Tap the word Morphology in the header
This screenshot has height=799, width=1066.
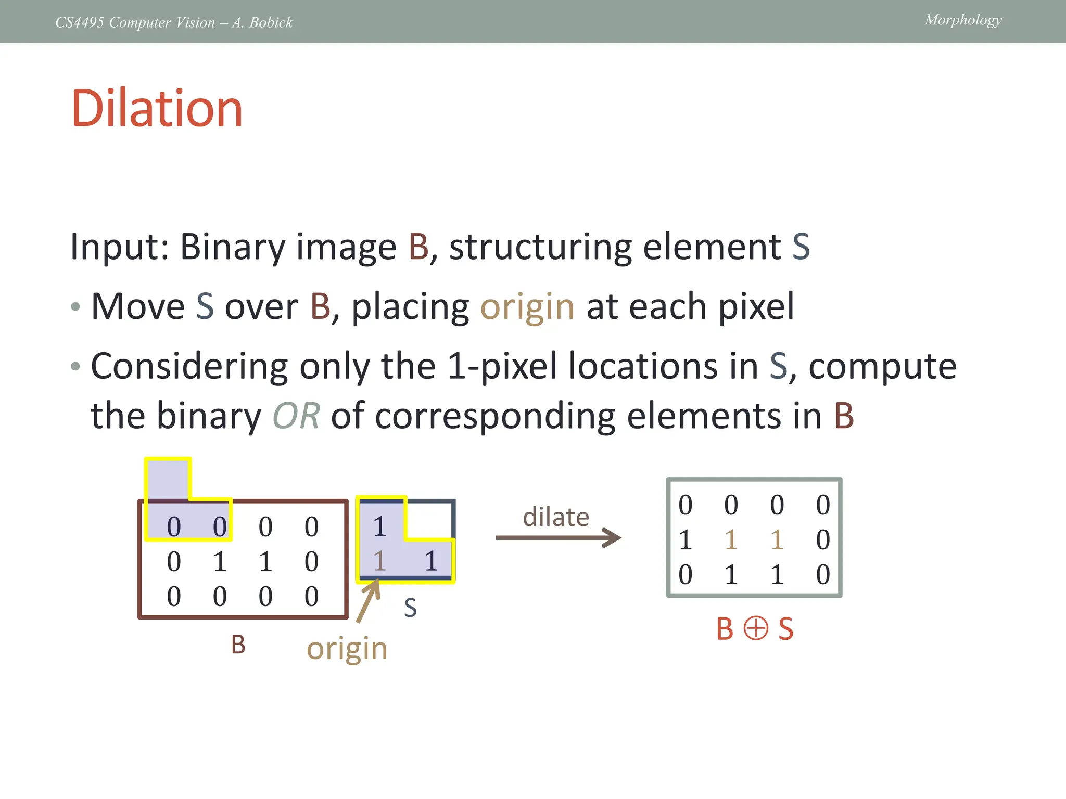point(963,20)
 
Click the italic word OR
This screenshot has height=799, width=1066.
point(296,416)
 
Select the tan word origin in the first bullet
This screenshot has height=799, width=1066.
point(527,306)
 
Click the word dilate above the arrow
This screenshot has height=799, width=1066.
point(556,517)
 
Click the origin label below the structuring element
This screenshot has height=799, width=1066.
point(347,649)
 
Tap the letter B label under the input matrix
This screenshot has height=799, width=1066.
point(238,645)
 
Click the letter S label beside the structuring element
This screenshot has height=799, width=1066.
point(410,608)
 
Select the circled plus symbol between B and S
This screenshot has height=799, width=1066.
point(755,628)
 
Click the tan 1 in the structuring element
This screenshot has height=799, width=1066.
point(379,561)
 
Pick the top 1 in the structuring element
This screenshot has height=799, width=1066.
point(379,526)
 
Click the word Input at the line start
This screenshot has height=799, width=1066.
point(119,247)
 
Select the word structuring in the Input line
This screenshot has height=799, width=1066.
point(540,247)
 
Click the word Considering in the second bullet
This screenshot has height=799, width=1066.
point(189,366)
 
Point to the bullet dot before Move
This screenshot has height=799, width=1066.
point(75,307)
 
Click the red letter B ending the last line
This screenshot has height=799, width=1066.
point(844,416)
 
